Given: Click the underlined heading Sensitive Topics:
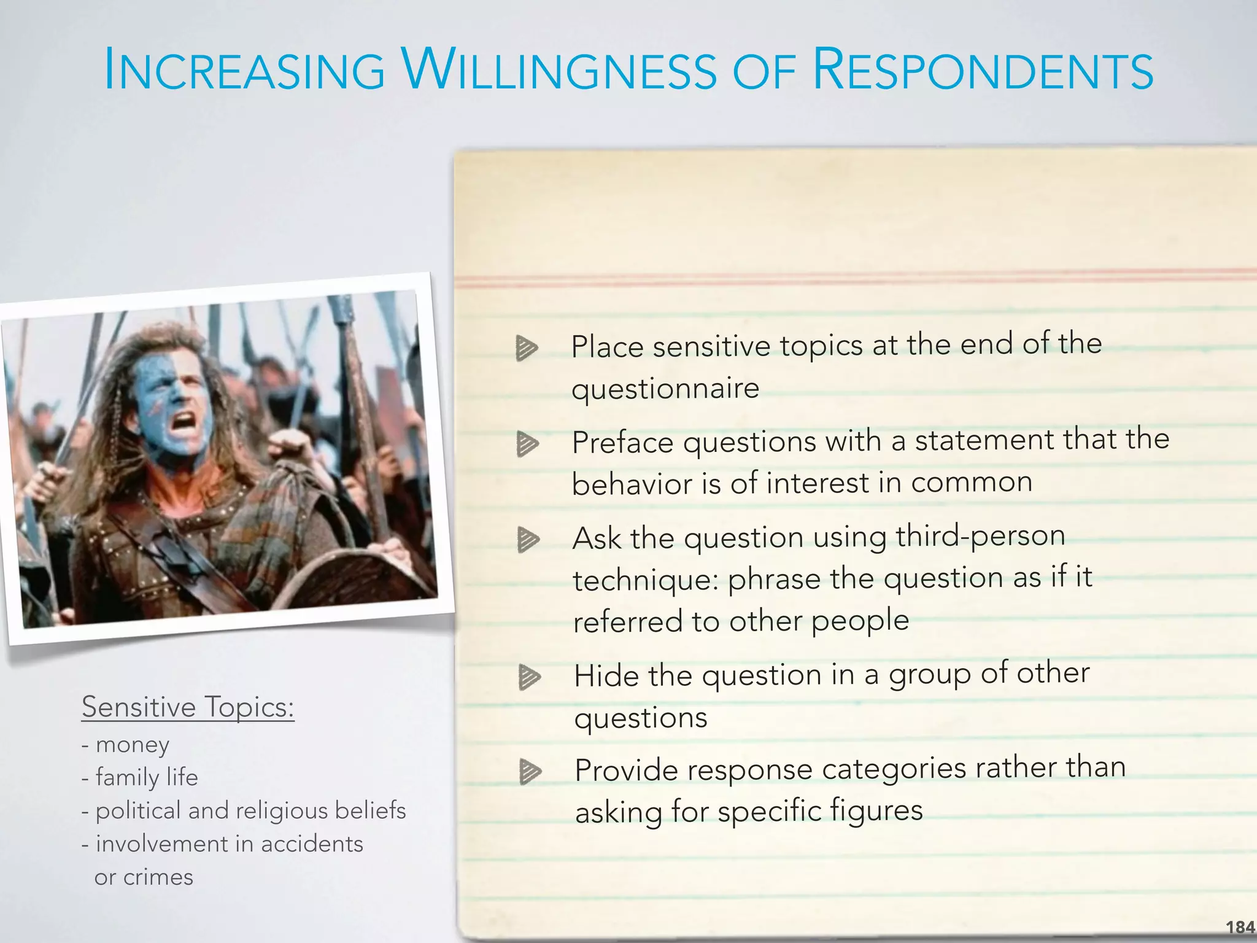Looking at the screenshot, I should point(188,707).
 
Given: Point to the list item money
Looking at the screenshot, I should point(132,745).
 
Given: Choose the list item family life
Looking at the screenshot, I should point(147,778).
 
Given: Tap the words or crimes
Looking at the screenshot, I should point(144,877).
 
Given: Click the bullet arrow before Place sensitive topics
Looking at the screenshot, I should point(527,348).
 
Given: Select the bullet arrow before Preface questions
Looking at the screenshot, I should point(527,443).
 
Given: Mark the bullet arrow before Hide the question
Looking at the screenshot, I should point(529,677).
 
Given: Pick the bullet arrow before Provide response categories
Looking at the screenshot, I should point(530,772).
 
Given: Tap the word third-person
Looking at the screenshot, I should point(980,535).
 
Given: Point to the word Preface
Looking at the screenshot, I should point(622,443).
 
